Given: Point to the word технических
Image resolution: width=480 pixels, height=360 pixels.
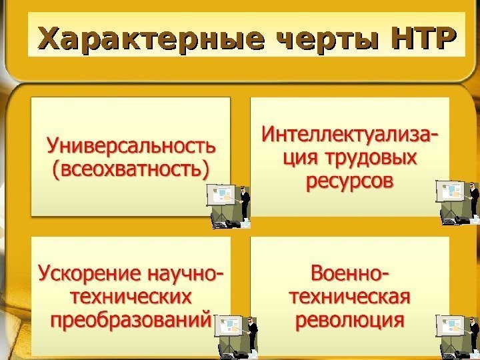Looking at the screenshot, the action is point(131,296).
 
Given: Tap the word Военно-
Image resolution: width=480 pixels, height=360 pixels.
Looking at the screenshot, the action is point(351,273).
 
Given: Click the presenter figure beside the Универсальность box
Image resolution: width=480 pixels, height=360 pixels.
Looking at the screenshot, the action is point(245,204).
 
